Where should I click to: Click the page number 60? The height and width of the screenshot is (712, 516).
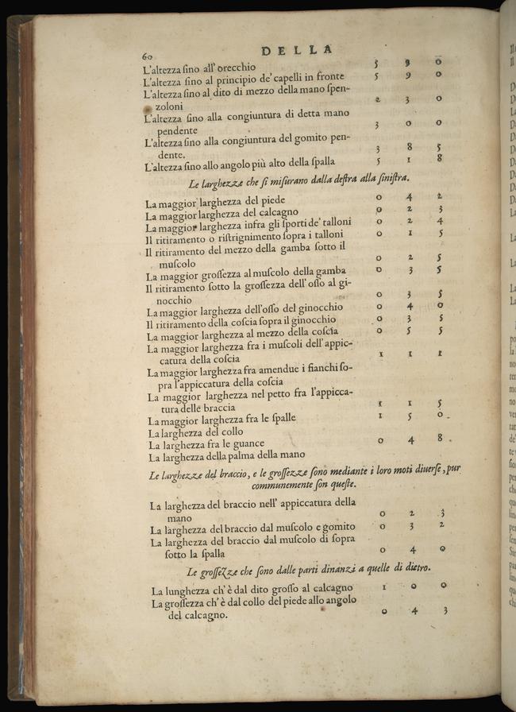(x=147, y=56)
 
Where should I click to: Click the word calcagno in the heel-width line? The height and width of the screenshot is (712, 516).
(x=276, y=212)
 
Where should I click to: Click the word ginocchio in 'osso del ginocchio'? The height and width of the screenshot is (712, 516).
(x=316, y=308)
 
